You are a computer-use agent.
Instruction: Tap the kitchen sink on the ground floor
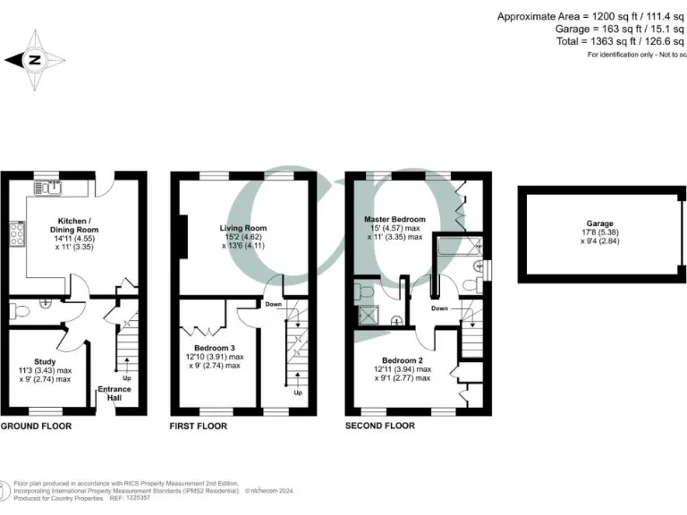click(47, 188)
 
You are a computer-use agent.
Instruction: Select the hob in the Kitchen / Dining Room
click(17, 234)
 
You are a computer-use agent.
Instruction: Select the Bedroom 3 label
click(215, 347)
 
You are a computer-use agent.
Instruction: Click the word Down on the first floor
click(275, 304)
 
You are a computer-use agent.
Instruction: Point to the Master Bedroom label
click(394, 218)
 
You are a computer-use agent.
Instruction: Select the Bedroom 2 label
click(402, 359)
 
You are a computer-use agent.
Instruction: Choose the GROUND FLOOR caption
click(36, 426)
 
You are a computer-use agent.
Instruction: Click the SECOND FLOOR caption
click(380, 426)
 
